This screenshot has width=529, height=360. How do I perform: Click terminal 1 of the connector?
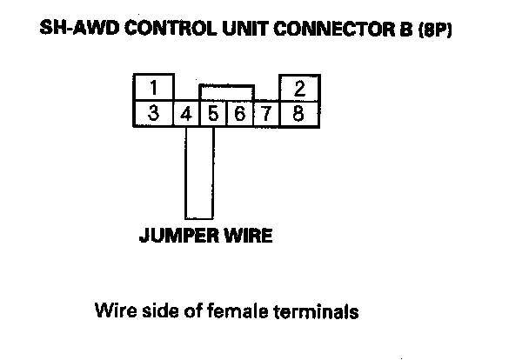coord(152,88)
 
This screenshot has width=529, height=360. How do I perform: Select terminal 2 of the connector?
coord(298,88)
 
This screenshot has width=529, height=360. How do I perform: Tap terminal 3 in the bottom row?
coord(152,113)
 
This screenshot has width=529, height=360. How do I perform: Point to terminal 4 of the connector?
coord(186,113)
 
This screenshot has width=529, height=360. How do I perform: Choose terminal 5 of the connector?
coord(213,113)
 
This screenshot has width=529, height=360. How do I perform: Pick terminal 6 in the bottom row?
coord(239,113)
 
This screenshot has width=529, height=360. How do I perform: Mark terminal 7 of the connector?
coord(265,113)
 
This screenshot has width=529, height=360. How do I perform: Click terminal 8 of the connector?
coord(298,113)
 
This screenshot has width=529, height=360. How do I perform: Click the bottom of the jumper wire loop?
coord(199,217)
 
